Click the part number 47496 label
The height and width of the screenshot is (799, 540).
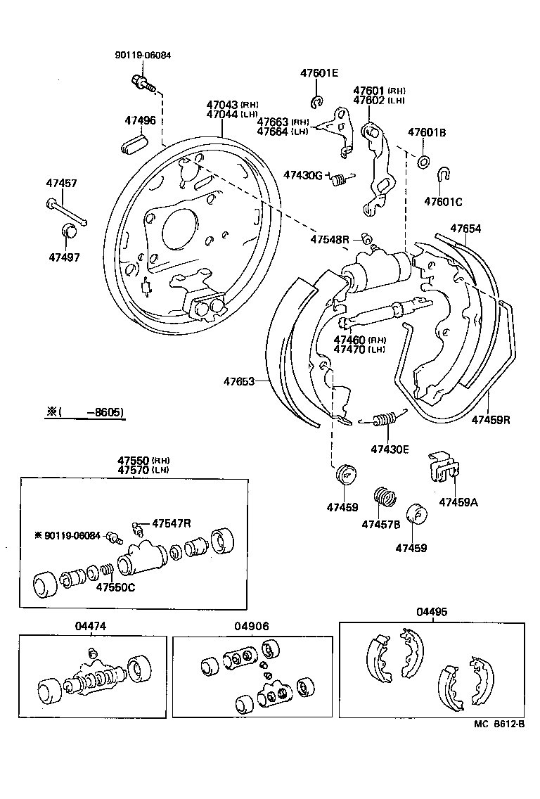point(140,120)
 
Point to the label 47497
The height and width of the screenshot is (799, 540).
point(65,257)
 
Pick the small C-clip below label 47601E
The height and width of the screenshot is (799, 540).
point(317,102)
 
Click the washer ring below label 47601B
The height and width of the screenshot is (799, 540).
point(425,162)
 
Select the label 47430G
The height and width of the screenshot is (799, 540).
point(303,174)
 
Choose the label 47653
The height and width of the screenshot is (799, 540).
point(239,382)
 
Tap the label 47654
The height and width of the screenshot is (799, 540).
point(465,229)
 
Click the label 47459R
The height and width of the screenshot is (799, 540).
point(490,420)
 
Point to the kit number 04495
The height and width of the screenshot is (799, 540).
point(431,613)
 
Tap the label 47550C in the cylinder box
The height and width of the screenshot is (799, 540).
point(115,587)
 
